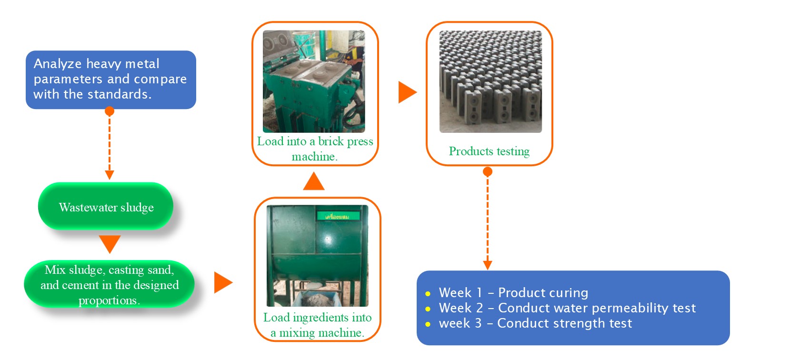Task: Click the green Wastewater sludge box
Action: pyautogui.click(x=106, y=207)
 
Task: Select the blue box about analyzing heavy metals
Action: pyautogui.click(x=110, y=80)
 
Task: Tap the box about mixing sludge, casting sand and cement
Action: pyautogui.click(x=109, y=284)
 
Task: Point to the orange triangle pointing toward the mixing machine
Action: pyautogui.click(x=222, y=282)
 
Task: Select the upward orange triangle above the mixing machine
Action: pyautogui.click(x=314, y=182)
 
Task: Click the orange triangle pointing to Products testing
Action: pyautogui.click(x=407, y=92)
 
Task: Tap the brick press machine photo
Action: pyautogui.click(x=314, y=81)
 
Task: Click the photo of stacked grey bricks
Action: pyautogui.click(x=490, y=81)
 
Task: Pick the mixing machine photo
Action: pyautogui.click(x=317, y=256)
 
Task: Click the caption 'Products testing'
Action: pyautogui.click(x=489, y=151)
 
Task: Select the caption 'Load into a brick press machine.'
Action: pyautogui.click(x=315, y=149)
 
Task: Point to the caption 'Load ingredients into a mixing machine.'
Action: pyautogui.click(x=317, y=325)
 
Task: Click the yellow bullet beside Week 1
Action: pyautogui.click(x=428, y=294)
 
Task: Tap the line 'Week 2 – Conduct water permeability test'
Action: pyautogui.click(x=567, y=308)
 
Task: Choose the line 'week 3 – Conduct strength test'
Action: pyautogui.click(x=535, y=323)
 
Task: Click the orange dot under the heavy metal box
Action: pyautogui.click(x=110, y=111)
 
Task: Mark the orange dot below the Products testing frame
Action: pyautogui.click(x=487, y=171)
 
